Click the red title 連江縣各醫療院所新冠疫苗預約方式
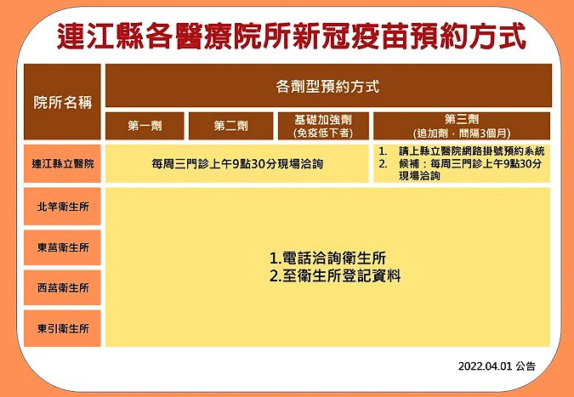pyautogui.click(x=292, y=36)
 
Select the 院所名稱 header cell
pyautogui.click(x=62, y=102)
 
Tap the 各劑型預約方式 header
pyautogui.click(x=328, y=86)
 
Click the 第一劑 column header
pyautogui.click(x=145, y=126)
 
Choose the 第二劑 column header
pyautogui.click(x=230, y=126)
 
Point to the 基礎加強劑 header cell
pyautogui.click(x=323, y=126)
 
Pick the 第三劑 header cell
pyautogui.click(x=462, y=126)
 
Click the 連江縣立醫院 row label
pyautogui.click(x=62, y=163)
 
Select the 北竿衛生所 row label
pyautogui.click(x=62, y=207)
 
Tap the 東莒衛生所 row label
pyautogui.click(x=62, y=247)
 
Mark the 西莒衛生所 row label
pyautogui.click(x=62, y=287)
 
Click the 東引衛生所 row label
pyautogui.click(x=62, y=328)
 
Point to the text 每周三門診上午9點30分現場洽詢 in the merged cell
pyautogui.click(x=237, y=163)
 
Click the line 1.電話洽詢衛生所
pyautogui.click(x=327, y=258)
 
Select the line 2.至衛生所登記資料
pyautogui.click(x=335, y=276)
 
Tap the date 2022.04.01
pyautogui.click(x=485, y=366)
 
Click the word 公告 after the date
pyautogui.click(x=526, y=366)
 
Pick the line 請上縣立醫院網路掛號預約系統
pyautogui.click(x=472, y=151)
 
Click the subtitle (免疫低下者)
pyautogui.click(x=323, y=133)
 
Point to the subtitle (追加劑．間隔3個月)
pyautogui.click(x=462, y=133)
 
